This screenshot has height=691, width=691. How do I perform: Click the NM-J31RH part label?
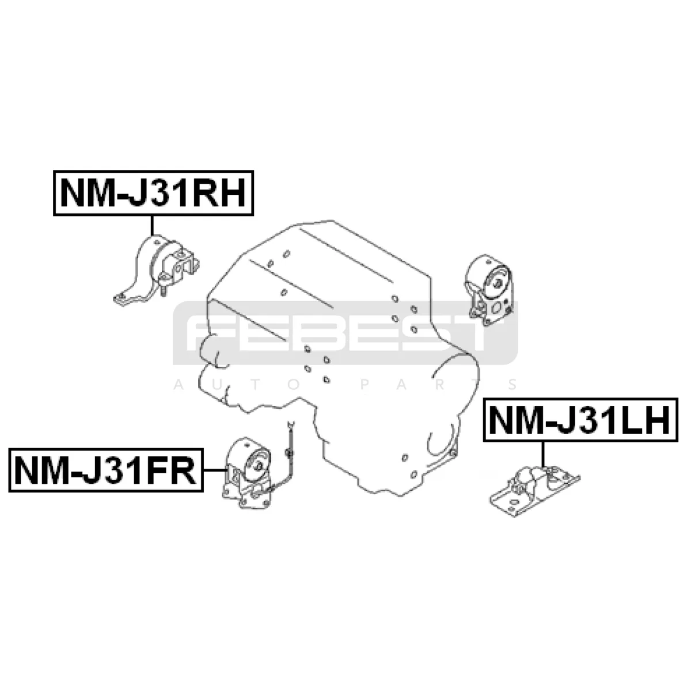point(153,193)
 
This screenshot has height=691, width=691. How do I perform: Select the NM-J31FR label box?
point(106,470)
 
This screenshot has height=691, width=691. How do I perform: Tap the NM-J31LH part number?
point(580,420)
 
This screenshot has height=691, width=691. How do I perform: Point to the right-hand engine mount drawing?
point(157,271)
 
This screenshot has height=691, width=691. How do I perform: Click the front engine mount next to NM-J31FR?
point(246,473)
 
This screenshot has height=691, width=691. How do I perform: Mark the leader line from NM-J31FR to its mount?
point(215,470)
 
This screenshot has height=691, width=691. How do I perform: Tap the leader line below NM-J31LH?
point(543,454)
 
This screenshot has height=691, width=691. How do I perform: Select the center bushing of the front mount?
point(257,466)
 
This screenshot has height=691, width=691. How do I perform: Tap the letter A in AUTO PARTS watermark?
point(178,385)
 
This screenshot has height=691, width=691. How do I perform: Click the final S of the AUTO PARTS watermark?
point(512,385)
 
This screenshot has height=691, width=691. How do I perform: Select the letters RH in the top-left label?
point(219,193)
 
